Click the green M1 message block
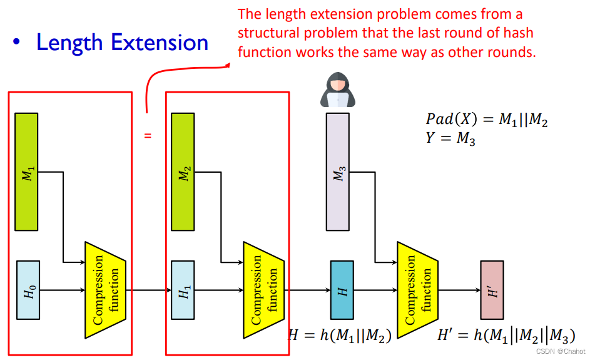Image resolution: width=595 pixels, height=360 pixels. coord(26,172)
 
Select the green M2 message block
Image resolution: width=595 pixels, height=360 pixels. coord(183,172)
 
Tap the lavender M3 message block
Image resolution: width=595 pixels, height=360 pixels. coord(338,172)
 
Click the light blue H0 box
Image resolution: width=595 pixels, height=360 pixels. coord(28,289)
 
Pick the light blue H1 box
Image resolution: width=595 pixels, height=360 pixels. coord(183,289)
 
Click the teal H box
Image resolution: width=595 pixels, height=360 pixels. coord(342,289)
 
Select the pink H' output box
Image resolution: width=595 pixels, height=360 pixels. coord(491,289)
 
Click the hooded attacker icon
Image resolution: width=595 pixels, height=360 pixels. coord(338,91)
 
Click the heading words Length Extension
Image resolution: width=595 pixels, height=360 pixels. coord(122,43)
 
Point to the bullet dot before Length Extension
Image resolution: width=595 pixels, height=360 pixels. coord(18,42)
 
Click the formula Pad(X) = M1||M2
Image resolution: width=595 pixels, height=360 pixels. coord(487,120)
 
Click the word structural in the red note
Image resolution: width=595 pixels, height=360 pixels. coord(265,33)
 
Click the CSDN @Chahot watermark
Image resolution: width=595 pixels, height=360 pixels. coord(561,351)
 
